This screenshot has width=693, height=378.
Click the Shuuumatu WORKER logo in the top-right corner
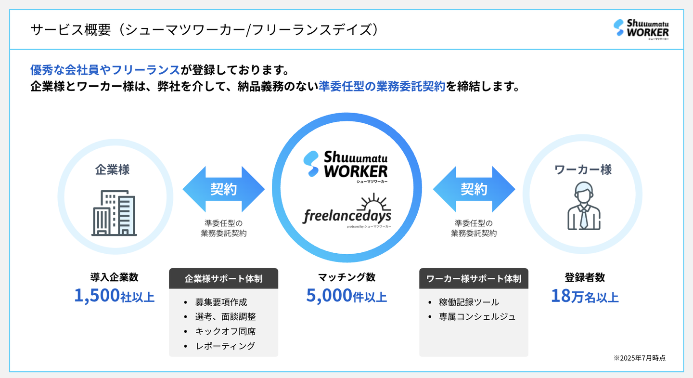pos(641,30)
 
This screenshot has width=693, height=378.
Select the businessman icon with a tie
pos(583,206)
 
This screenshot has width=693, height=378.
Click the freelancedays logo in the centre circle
pos(347,216)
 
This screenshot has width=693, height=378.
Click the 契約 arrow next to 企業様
pos(224,189)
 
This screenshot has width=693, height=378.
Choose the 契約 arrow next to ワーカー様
pos(474,189)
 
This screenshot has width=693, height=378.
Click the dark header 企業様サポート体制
pos(224,278)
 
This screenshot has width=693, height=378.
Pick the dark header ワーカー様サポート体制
pos(474,278)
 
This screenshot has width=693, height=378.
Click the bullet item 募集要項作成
pos(221,302)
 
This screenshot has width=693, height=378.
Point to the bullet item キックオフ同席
pos(225,331)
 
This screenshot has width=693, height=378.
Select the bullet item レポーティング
pos(225,346)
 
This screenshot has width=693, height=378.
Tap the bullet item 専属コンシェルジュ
pos(477,316)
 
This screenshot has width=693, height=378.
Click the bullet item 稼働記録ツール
pos(469,302)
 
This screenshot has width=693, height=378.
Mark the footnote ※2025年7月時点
pos(640,358)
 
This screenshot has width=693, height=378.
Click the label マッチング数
pos(346,277)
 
